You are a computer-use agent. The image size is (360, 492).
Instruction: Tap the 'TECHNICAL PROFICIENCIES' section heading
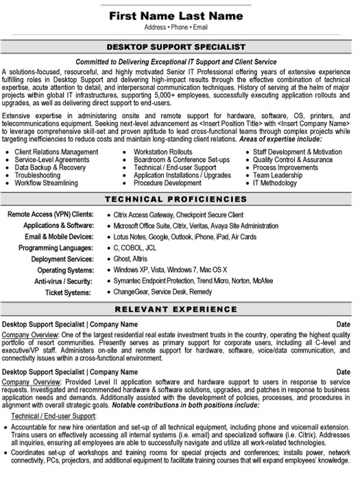180,199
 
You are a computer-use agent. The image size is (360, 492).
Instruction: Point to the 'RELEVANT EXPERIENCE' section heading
180,308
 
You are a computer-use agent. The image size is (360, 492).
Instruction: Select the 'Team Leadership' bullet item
277,176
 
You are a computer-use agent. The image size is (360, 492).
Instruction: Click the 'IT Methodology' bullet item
276,184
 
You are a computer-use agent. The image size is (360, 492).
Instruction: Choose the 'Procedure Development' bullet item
168,184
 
